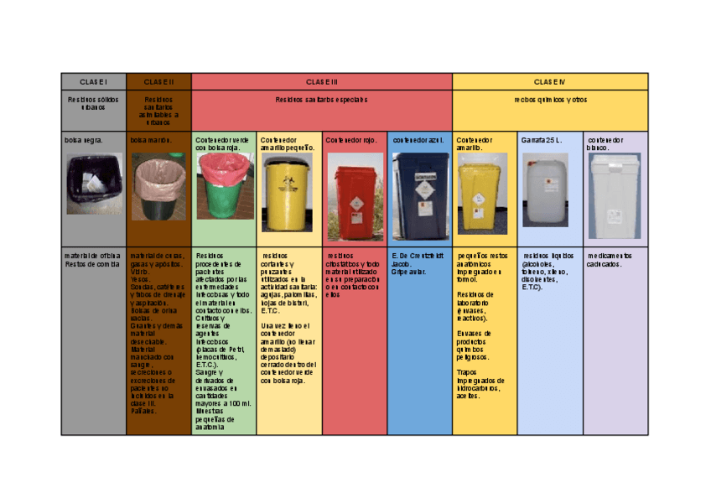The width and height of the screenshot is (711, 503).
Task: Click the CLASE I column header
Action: pos(93,82)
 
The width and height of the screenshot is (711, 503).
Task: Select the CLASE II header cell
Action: pos(158,82)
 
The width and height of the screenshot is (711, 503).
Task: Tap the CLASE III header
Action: pos(321,82)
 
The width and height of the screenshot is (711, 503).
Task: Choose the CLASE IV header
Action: pos(550,82)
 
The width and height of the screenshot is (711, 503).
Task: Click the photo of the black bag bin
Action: pos(93,184)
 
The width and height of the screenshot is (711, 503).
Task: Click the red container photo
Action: pos(354,197)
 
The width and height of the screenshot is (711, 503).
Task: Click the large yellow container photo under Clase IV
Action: pos(484,193)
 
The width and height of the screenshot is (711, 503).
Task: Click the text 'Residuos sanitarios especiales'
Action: pos(321,100)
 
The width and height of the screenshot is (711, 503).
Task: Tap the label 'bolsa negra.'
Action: pos(84,140)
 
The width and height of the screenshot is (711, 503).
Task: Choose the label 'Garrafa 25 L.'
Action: pos(542,140)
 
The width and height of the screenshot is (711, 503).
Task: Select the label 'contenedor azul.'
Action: pos(418,140)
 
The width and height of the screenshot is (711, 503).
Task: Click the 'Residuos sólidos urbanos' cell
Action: pos(93,103)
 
